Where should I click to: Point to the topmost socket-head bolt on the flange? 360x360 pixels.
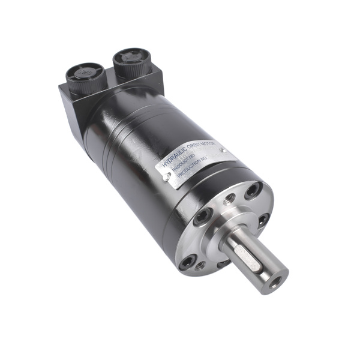pyautogui.click(x=253, y=190)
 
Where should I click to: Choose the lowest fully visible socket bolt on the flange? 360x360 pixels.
pyautogui.click(x=190, y=261)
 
